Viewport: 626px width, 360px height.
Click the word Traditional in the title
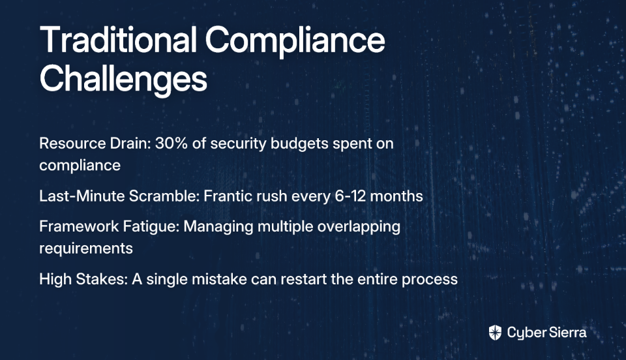(x=118, y=40)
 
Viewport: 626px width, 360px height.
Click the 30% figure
(x=171, y=143)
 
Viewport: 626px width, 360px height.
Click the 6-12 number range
(x=350, y=196)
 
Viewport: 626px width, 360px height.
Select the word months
(x=396, y=196)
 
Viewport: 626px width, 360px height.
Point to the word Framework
(x=79, y=226)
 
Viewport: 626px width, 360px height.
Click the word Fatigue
(x=151, y=227)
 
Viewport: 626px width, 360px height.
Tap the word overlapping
(x=359, y=227)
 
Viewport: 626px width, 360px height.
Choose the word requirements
(x=86, y=249)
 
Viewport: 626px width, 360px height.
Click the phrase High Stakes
(x=83, y=279)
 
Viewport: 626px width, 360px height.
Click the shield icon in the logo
(x=495, y=333)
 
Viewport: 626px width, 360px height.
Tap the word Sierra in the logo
(x=567, y=333)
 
